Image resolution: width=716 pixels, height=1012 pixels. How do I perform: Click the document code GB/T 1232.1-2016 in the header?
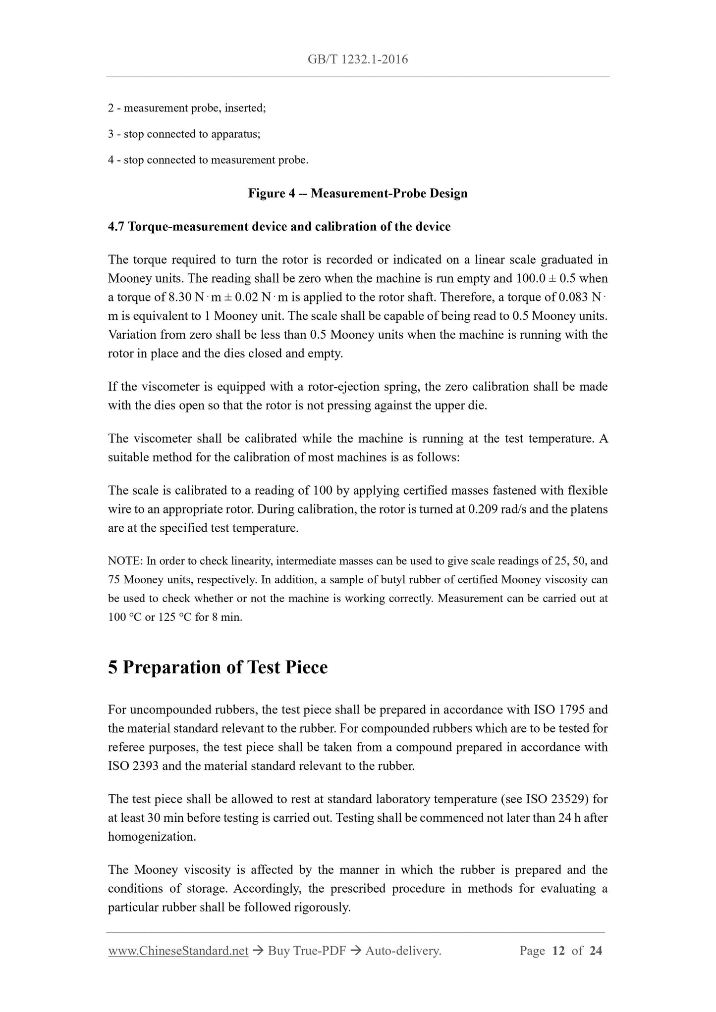(x=358, y=60)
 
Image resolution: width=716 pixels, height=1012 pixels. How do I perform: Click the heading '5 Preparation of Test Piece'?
(x=218, y=667)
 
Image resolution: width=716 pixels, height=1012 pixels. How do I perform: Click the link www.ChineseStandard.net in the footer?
(x=178, y=951)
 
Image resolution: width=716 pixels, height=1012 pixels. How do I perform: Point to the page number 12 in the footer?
(x=558, y=951)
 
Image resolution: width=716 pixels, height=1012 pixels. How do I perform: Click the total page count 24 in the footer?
(x=596, y=951)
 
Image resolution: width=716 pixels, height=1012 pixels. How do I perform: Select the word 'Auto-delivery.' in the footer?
(x=403, y=951)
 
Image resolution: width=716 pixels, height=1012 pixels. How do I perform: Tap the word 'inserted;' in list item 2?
(x=245, y=108)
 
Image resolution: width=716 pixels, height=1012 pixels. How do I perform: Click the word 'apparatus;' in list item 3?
(x=236, y=134)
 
